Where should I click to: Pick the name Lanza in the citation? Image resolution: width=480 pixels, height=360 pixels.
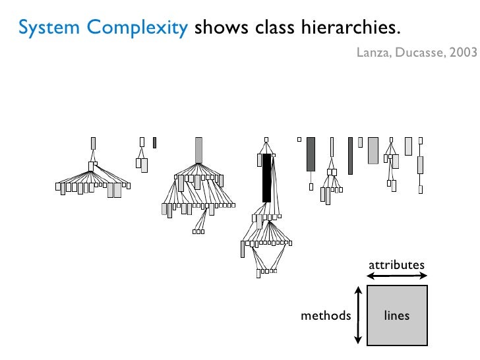pos(373,52)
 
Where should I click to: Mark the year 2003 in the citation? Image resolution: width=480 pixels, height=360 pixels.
pos(461,52)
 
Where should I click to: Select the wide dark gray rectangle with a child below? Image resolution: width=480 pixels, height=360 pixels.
pos(311,154)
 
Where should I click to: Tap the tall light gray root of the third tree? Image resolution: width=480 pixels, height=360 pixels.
pos(198,150)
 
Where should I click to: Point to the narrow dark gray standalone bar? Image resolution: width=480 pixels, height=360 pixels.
pos(350,156)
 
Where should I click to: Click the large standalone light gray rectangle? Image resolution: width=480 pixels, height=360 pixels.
pos(373,150)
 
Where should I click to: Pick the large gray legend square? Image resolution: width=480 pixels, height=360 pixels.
pos(397,315)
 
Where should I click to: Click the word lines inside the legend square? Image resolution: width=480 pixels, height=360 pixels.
pos(397,316)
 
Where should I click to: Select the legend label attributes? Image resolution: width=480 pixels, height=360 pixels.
pos(396,265)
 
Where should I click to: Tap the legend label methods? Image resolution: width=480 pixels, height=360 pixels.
pos(326,316)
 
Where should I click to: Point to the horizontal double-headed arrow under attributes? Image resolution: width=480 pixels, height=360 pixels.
pos(396,276)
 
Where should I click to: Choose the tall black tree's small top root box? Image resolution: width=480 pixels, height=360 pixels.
pos(266,140)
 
